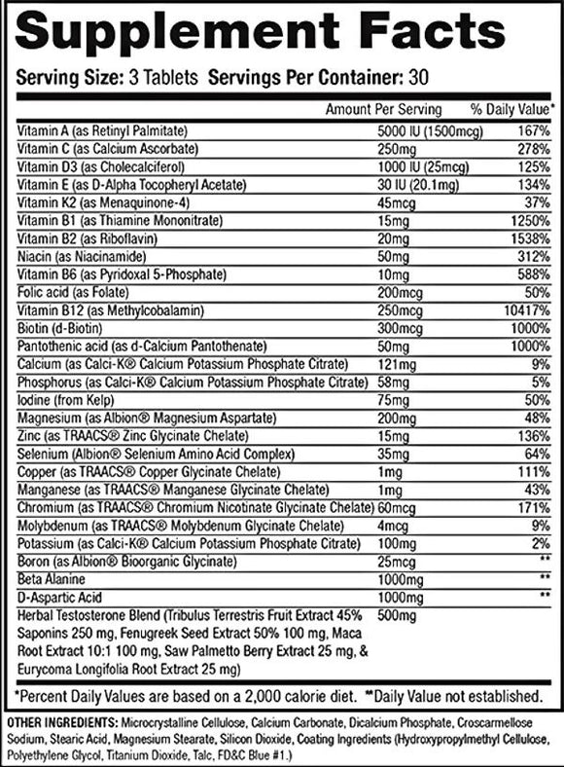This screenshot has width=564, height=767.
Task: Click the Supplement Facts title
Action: tap(281, 36)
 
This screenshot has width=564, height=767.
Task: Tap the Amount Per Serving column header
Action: tap(383, 109)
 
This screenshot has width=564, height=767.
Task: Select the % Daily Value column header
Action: tap(513, 109)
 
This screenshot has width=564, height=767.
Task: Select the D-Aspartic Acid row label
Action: tap(53, 595)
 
